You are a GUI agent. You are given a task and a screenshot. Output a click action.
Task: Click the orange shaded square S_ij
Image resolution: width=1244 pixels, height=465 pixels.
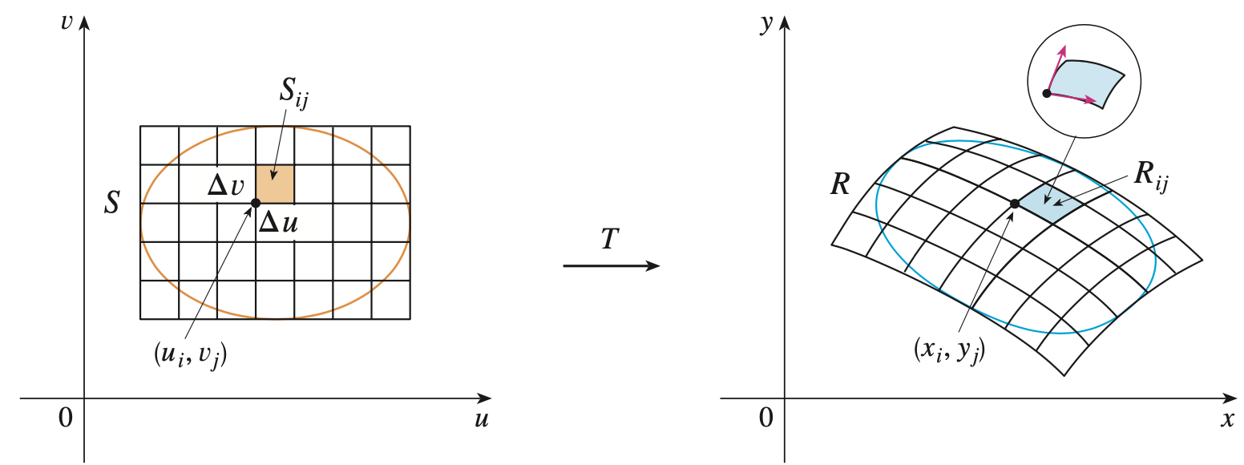pyautogui.click(x=275, y=184)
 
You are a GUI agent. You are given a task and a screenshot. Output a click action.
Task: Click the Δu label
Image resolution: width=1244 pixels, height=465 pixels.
pyautogui.click(x=278, y=224)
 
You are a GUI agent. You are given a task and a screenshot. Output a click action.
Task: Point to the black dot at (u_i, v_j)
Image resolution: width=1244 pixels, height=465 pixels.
pyautogui.click(x=256, y=203)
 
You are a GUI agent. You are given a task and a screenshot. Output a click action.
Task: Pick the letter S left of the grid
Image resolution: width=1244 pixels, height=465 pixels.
pyautogui.click(x=112, y=203)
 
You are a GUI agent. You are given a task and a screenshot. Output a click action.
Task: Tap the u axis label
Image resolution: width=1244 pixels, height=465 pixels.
pyautogui.click(x=481, y=419)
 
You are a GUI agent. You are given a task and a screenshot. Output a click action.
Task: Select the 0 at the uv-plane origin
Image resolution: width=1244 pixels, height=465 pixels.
pyautogui.click(x=66, y=417)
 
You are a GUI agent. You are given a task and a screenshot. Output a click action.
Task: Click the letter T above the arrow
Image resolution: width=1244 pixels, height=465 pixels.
pyautogui.click(x=610, y=240)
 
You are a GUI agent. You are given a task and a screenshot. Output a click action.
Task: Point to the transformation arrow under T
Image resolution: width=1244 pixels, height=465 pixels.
pyautogui.click(x=612, y=265)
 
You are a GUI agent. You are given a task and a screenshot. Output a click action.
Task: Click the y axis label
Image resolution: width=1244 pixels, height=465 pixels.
pyautogui.click(x=767, y=23)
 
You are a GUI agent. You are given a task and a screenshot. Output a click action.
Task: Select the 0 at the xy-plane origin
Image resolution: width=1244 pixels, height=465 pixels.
pyautogui.click(x=767, y=417)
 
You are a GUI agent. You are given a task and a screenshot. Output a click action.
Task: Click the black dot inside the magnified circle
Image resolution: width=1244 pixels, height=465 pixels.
pyautogui.click(x=1047, y=93)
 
